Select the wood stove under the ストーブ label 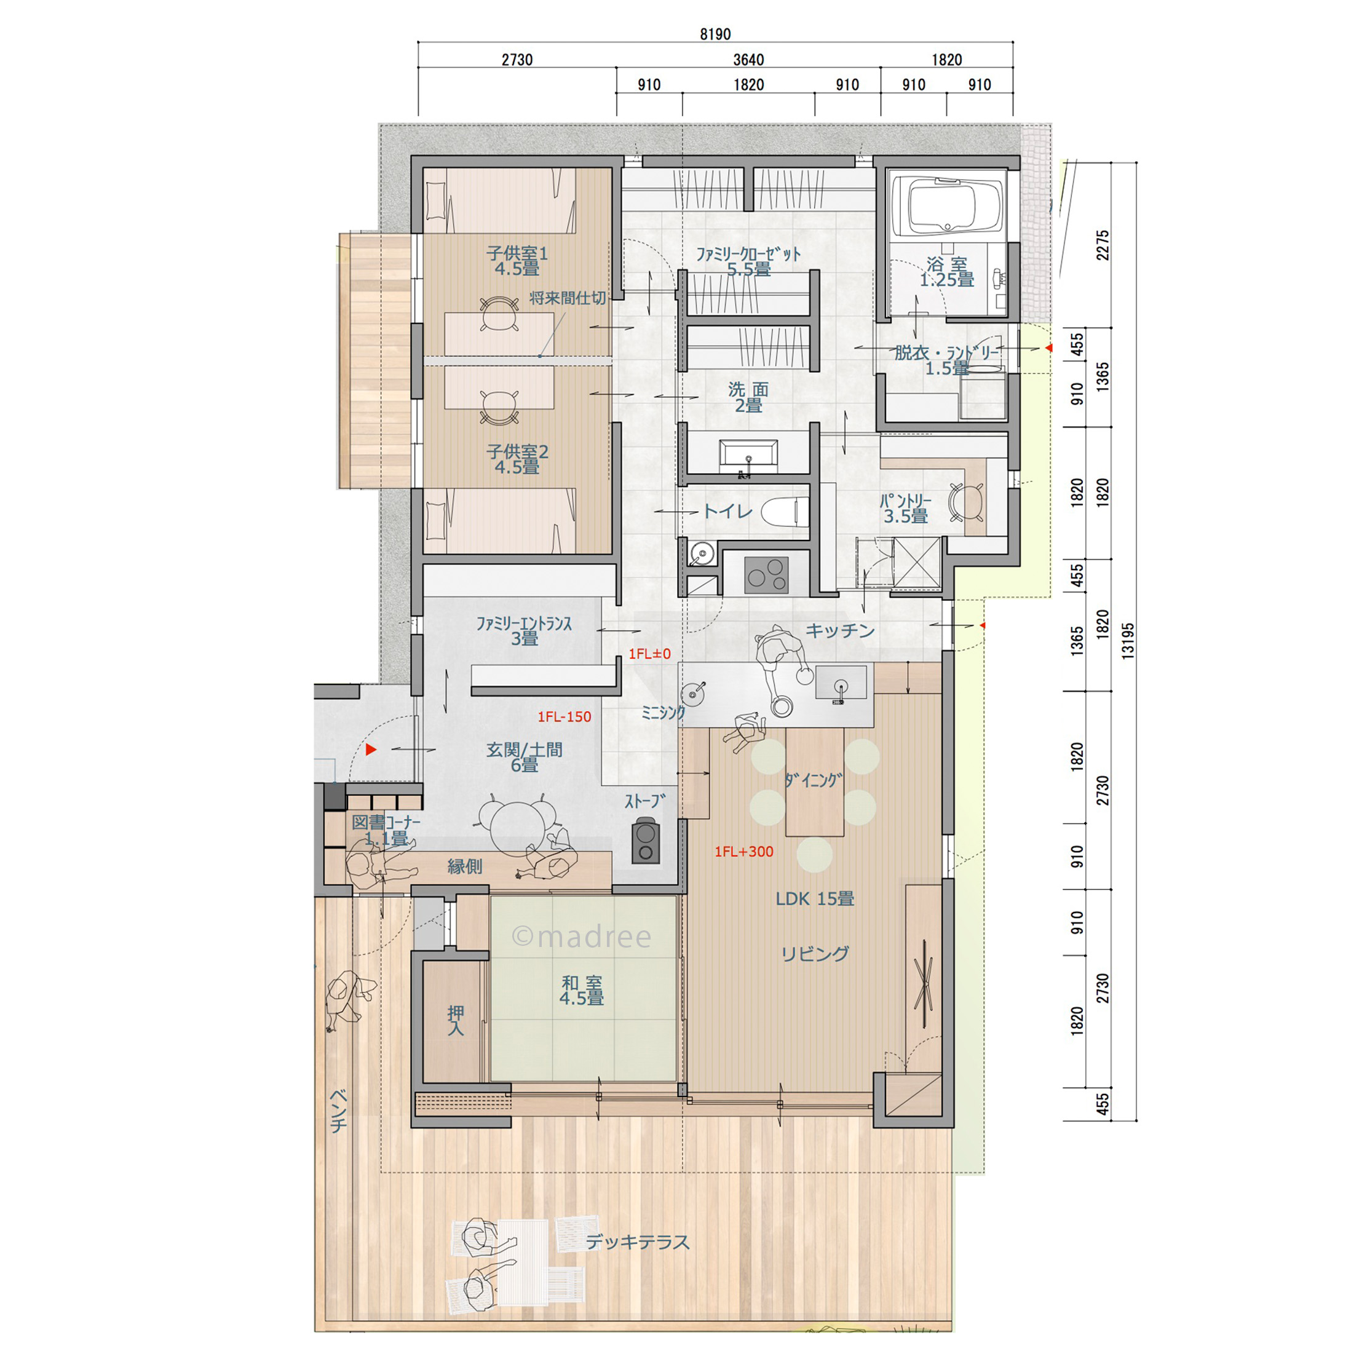(646, 842)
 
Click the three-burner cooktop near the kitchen (766, 574)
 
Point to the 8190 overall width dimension (715, 34)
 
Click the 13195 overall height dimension (1127, 641)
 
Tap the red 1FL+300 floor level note (744, 852)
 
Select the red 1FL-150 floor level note (565, 717)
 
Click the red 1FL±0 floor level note (649, 654)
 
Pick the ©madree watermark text (582, 937)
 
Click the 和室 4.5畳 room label (582, 991)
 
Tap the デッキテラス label (638, 1242)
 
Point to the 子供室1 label (518, 253)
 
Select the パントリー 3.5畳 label (906, 509)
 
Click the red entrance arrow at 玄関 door (371, 750)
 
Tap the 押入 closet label (456, 1020)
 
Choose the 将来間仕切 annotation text (568, 298)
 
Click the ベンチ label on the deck (338, 1111)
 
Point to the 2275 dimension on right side (1103, 245)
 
